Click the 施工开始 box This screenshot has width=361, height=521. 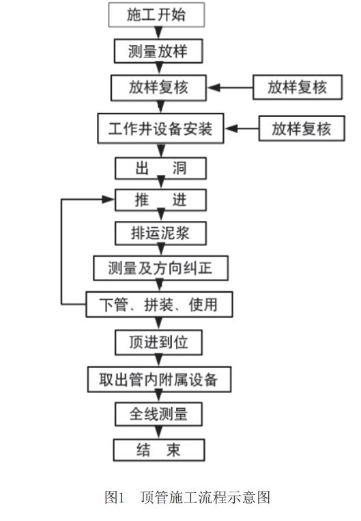pyautogui.click(x=156, y=14)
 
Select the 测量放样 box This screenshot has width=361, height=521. pyautogui.click(x=158, y=51)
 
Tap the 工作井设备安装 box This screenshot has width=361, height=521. pyautogui.click(x=160, y=129)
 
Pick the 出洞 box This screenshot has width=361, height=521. pyautogui.click(x=160, y=168)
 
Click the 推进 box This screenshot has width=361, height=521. pyautogui.click(x=160, y=200)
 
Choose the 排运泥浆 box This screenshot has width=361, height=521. pyautogui.click(x=160, y=233)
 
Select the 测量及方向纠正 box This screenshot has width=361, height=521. pyautogui.click(x=161, y=268)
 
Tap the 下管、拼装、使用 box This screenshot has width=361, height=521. pyautogui.click(x=159, y=304)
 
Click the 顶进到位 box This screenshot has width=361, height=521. pyautogui.click(x=158, y=342)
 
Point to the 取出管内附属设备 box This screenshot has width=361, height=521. pyautogui.click(x=159, y=379)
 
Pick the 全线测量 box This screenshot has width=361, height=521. pyautogui.click(x=158, y=414)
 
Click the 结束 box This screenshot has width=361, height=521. pyautogui.click(x=159, y=450)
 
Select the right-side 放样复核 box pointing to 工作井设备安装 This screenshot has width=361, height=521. pyautogui.click(x=302, y=129)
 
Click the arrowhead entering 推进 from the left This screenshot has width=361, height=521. pyautogui.click(x=108, y=200)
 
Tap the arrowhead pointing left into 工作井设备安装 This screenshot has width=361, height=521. pyautogui.click(x=231, y=129)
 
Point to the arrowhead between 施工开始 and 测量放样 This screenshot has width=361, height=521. pyautogui.click(x=159, y=34)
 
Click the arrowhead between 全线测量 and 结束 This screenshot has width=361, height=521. pyautogui.click(x=159, y=433)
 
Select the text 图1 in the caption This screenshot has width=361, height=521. pyautogui.click(x=115, y=497)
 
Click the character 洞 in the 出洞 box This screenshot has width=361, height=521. pyautogui.click(x=179, y=168)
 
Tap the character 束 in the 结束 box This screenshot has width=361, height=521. pyautogui.click(x=173, y=450)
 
